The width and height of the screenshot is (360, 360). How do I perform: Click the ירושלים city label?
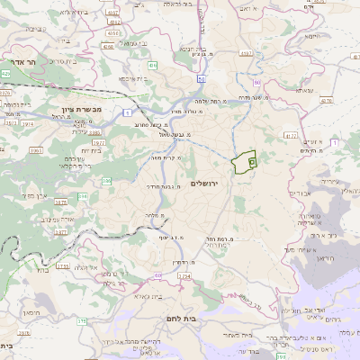click(211, 183)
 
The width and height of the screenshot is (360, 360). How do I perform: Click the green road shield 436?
click(154, 65)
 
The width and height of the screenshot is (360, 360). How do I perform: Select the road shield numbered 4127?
click(290, 135)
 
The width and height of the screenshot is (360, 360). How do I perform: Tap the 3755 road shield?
click(61, 265)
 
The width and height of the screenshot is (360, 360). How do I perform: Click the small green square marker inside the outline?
click(252, 162)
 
